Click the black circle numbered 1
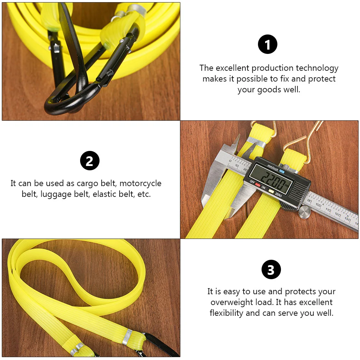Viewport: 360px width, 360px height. [x=268, y=45]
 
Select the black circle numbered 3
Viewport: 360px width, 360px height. [x=271, y=269]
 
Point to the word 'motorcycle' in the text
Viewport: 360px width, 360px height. [x=140, y=184]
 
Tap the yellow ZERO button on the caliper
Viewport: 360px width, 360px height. [x=271, y=190]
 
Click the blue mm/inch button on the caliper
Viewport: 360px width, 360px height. [x=282, y=171]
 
